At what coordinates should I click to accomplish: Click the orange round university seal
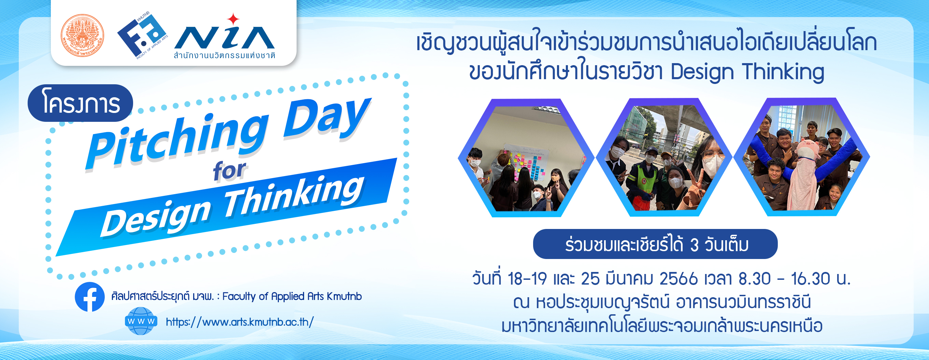tap(82, 36)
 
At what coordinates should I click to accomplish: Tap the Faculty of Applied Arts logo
tap(143, 35)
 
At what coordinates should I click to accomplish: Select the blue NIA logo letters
tap(224, 38)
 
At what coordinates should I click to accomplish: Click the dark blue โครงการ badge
tap(81, 103)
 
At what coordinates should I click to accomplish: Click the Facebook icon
tap(90, 297)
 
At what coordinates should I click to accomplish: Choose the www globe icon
tap(141, 321)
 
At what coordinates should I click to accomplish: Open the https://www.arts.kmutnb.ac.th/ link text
tap(240, 322)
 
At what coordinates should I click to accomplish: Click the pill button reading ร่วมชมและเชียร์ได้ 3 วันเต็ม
tap(655, 244)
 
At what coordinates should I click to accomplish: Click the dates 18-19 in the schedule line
tap(527, 279)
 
